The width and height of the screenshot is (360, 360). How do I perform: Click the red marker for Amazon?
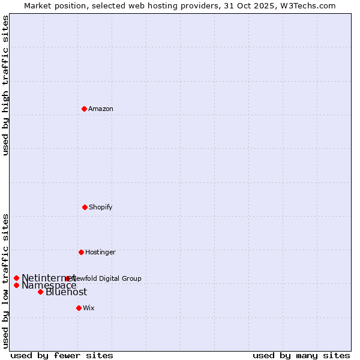[85, 109]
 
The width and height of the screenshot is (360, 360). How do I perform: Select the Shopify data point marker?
[85, 207]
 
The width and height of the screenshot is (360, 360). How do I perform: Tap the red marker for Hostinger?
[81, 252]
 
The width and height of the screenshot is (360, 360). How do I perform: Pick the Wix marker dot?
[79, 308]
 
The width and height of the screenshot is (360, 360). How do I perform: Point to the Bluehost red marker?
[41, 292]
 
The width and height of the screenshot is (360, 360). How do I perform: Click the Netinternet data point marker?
[17, 278]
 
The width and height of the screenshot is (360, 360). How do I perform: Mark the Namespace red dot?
[17, 285]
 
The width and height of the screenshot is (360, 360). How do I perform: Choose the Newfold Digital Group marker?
[68, 278]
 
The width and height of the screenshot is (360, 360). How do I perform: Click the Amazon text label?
[101, 109]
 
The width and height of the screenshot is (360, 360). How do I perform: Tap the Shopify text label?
[101, 207]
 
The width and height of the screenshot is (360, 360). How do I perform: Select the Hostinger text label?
[100, 252]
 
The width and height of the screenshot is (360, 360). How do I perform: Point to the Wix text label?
[89, 308]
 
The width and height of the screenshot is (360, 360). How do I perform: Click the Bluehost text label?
[67, 292]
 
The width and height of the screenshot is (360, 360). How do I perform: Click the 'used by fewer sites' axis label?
[62, 355]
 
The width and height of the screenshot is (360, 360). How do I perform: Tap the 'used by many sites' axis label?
[301, 355]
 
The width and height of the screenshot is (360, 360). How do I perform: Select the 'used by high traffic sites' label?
[5, 85]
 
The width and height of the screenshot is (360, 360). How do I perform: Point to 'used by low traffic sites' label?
[5, 280]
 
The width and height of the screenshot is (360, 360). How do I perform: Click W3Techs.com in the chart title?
[310, 5]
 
